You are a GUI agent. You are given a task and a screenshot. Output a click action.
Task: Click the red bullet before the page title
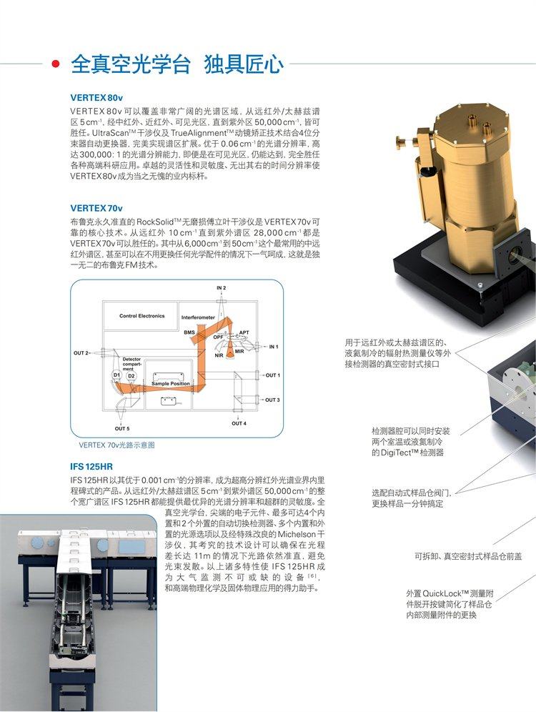point(56,65)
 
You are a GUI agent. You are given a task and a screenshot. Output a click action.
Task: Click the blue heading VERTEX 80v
point(96,97)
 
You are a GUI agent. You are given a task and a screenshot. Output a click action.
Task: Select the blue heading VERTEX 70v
point(96,208)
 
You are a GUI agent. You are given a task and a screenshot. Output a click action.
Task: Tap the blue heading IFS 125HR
point(92,466)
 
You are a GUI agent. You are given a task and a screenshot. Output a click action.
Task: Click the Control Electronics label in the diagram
point(142,315)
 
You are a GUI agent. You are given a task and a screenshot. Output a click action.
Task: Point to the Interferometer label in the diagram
point(198,316)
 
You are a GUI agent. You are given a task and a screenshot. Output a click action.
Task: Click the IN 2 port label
point(222,287)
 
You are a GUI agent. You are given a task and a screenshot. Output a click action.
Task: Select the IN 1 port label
point(273,347)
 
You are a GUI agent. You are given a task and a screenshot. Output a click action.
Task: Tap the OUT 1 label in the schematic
point(272,375)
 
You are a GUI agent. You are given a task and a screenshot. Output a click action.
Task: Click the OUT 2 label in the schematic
point(81,353)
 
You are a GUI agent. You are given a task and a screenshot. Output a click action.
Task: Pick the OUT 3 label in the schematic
point(272,400)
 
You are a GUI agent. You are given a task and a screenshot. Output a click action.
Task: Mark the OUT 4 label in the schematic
point(239,423)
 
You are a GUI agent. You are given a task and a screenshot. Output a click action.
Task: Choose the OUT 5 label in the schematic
point(122,428)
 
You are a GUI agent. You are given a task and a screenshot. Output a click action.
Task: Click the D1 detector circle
point(116,375)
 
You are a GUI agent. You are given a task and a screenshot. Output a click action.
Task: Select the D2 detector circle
point(131,375)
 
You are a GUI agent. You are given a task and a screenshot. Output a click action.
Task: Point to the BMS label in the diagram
point(189,332)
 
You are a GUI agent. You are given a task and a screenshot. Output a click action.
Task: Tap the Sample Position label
point(171,384)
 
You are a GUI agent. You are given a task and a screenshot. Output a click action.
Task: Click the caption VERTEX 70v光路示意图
point(116,445)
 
